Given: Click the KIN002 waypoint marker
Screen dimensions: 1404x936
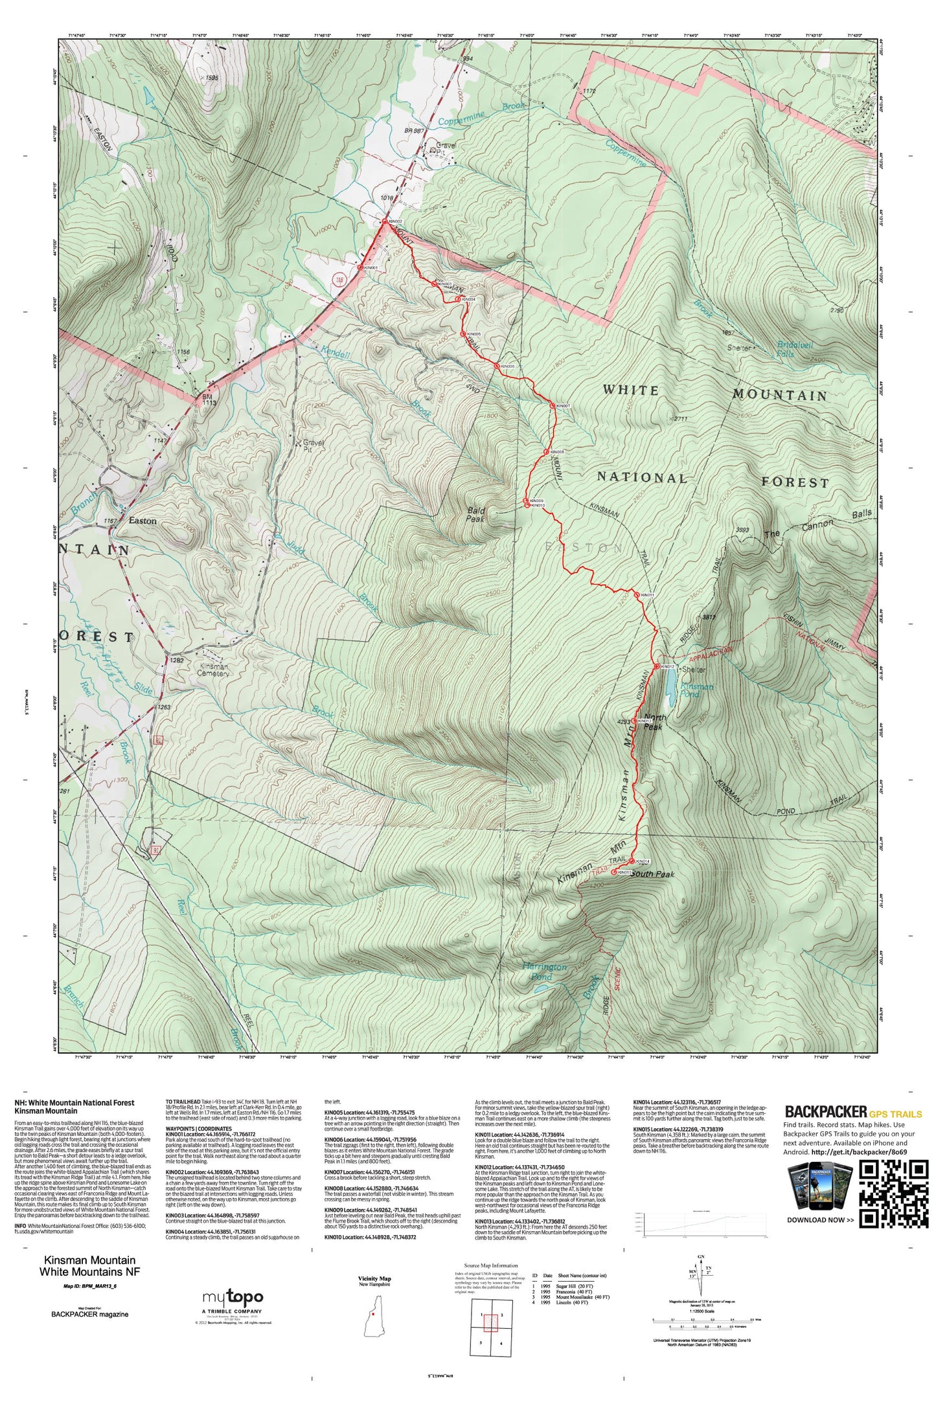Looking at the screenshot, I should (384, 221).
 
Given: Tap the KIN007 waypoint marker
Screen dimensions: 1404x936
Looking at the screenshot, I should (552, 405).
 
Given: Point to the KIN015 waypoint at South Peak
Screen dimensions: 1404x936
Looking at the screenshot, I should (614, 872).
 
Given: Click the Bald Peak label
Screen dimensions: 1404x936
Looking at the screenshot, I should (476, 514).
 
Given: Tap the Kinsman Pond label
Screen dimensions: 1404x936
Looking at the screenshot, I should (696, 690).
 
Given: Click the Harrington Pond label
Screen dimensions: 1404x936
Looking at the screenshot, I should (544, 971).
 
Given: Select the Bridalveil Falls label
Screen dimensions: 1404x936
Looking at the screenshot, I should (795, 349).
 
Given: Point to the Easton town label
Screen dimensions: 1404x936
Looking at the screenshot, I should (143, 521).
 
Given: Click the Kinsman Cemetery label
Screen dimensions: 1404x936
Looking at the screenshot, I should (213, 670).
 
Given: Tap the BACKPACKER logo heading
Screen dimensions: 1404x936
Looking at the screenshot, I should (825, 1112).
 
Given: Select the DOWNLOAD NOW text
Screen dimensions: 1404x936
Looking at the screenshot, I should (819, 1220).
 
